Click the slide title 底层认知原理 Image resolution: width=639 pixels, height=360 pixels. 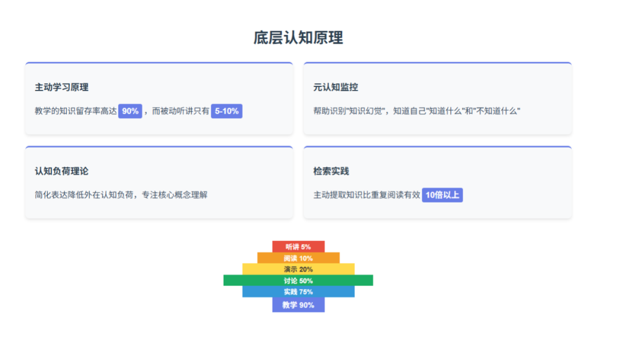click(298, 38)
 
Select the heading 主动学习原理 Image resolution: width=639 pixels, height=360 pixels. click(62, 87)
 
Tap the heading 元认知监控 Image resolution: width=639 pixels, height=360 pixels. click(335, 87)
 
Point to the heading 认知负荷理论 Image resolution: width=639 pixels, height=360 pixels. click(62, 171)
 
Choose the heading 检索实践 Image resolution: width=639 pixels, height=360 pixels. click(331, 171)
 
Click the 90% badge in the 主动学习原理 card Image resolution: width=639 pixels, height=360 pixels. click(130, 111)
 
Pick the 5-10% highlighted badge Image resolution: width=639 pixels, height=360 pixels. click(227, 111)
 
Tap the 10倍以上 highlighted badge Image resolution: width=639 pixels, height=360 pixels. click(442, 195)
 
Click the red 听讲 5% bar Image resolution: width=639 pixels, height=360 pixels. click(298, 246)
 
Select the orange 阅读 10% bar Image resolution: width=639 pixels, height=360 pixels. click(298, 258)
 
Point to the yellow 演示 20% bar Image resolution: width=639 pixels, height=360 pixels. click(298, 269)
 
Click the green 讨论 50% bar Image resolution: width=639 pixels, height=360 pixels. click(298, 281)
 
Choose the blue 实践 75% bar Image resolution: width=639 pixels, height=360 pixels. click(298, 292)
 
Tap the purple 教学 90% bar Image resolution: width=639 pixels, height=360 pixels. click(298, 305)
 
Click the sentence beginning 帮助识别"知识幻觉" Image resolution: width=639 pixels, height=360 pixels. click(417, 111)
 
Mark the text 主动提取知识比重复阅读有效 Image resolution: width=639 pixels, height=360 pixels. click(366, 195)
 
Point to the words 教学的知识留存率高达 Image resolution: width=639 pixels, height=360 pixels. click(76, 111)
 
